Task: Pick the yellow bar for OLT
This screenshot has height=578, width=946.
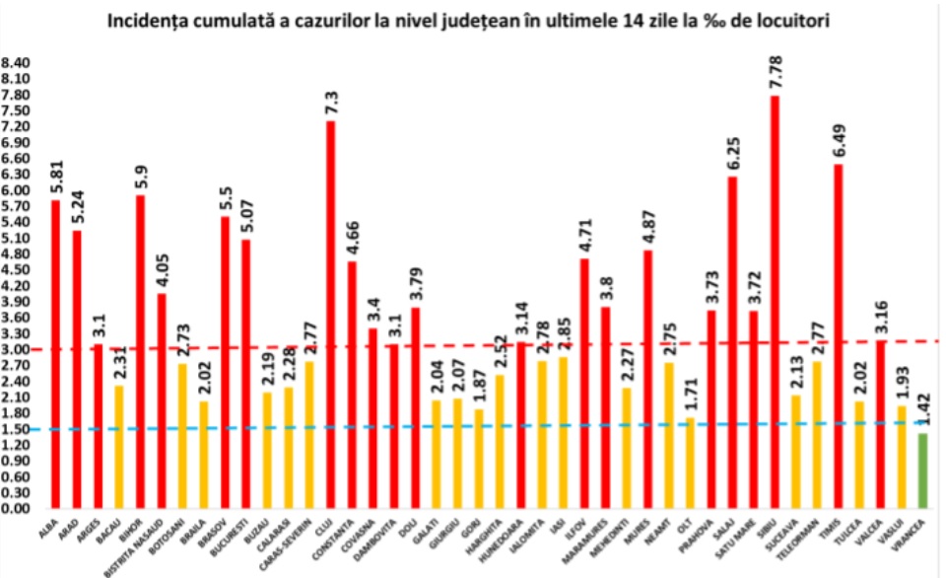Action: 690,463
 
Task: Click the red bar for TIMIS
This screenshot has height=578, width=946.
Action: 838,335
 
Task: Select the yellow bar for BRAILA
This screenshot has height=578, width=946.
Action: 203,454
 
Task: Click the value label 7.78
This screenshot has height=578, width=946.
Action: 775,74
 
